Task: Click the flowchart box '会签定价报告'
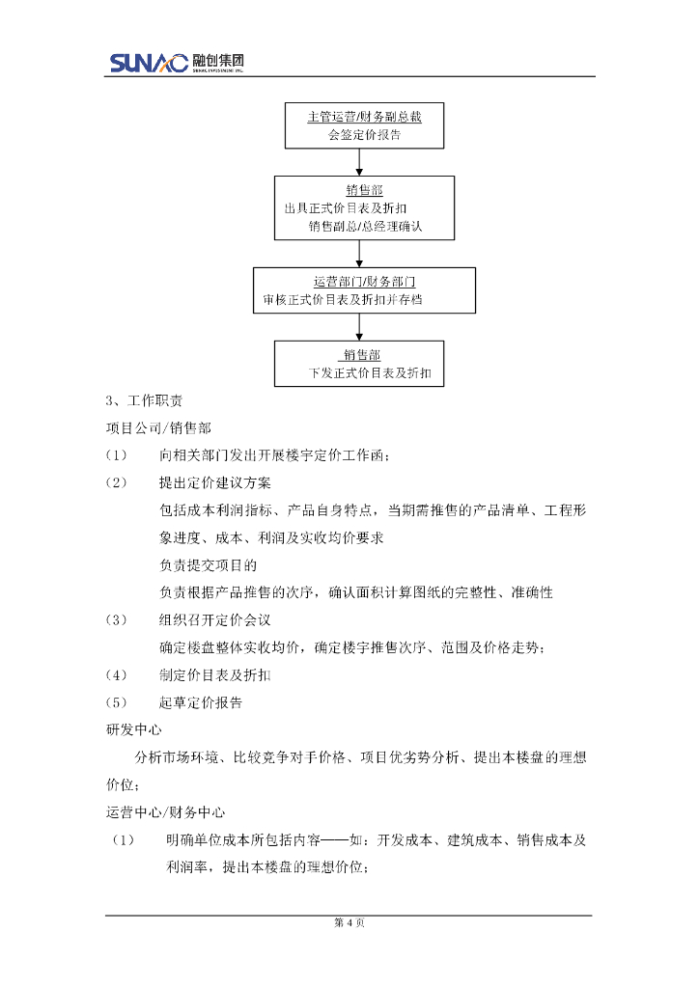[x=364, y=125]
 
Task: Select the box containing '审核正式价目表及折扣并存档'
[x=364, y=290]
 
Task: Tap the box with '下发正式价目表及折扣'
[x=359, y=364]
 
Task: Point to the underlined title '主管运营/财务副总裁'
[x=364, y=116]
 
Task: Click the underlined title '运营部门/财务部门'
[x=364, y=282]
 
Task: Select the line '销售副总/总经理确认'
[x=366, y=227]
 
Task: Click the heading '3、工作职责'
[x=144, y=400]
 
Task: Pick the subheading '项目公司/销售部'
[x=158, y=425]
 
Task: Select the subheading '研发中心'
[x=132, y=728]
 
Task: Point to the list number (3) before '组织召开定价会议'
[x=116, y=619]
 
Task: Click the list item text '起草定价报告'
[x=201, y=701]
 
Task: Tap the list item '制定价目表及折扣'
[x=214, y=674]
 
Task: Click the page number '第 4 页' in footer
[x=349, y=923]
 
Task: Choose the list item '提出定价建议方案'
[x=214, y=481]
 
